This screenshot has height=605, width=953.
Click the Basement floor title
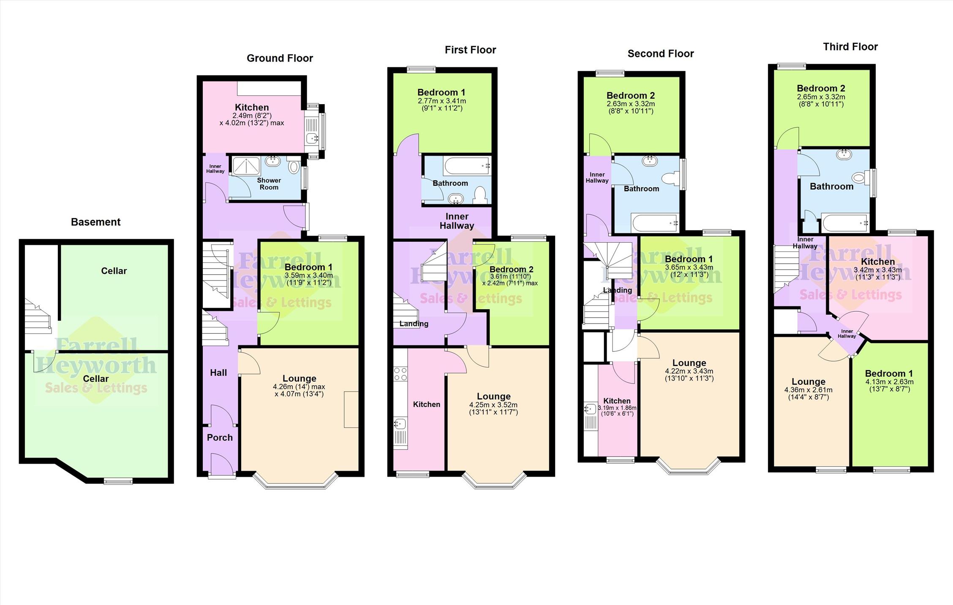(x=95, y=222)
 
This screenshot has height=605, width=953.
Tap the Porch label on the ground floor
(x=220, y=438)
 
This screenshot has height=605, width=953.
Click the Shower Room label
(x=269, y=184)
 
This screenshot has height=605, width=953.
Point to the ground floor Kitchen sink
(x=313, y=138)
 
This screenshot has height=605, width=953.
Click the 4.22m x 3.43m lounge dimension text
(x=689, y=375)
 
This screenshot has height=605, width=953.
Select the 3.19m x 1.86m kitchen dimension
(x=617, y=411)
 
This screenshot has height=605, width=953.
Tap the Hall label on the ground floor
(x=218, y=373)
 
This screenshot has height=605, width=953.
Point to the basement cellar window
(x=118, y=481)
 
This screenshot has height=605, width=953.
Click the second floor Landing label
(x=617, y=290)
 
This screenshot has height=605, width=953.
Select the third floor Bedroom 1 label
(x=889, y=374)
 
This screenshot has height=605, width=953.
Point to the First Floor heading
(x=470, y=50)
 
